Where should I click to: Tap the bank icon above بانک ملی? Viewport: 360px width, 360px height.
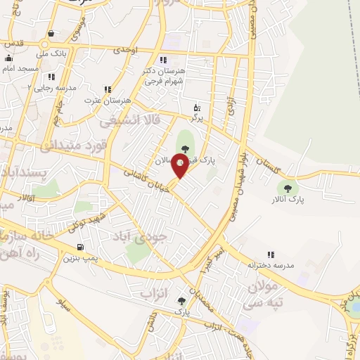tap(51, 33)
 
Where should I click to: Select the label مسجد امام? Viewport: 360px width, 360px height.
tap(18, 69)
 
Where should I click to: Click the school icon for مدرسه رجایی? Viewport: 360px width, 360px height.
tap(51, 76)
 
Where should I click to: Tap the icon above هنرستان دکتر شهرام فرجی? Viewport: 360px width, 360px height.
tap(163, 60)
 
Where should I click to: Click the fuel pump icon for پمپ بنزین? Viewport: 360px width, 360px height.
tap(81, 247)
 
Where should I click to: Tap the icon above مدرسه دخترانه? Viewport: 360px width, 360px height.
tap(270, 255)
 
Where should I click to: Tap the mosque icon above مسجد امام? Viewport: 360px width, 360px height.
tap(8, 58)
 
